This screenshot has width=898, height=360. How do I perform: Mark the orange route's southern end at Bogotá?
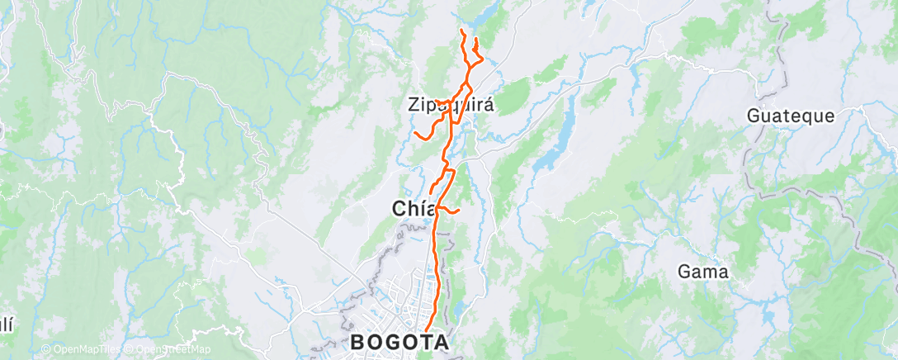[427, 332]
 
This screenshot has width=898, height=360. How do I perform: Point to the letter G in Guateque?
[754, 116]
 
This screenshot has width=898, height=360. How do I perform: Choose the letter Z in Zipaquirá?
[414, 105]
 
